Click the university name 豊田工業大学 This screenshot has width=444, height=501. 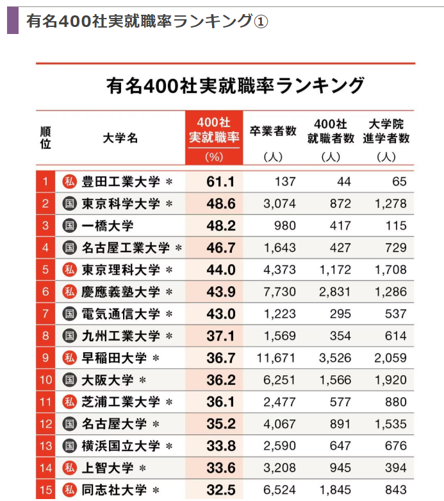[x=120, y=182]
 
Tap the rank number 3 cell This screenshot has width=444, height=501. [x=45, y=226]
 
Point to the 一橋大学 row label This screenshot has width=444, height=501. [x=108, y=226]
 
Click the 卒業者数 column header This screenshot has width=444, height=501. [x=273, y=131]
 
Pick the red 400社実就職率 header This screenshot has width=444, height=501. [x=214, y=131]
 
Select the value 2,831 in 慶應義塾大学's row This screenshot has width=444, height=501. [x=335, y=292]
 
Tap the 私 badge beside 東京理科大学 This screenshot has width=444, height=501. [x=69, y=270]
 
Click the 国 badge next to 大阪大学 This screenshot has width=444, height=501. [x=69, y=380]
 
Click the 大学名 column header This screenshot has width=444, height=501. [x=120, y=137]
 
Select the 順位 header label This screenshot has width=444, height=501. [x=45, y=137]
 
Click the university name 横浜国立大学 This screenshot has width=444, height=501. [x=120, y=446]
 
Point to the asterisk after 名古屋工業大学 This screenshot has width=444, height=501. [x=178, y=248]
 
